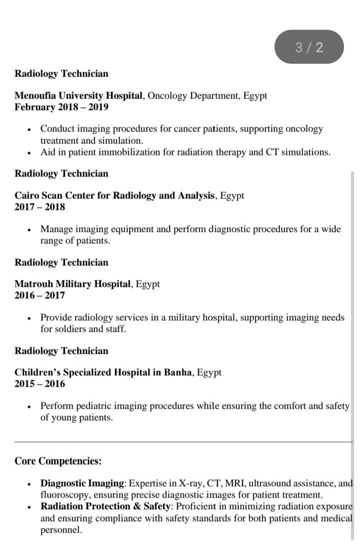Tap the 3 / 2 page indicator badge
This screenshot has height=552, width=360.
point(309,47)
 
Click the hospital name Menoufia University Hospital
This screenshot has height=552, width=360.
point(79,95)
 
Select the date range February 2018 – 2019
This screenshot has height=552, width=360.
point(61,107)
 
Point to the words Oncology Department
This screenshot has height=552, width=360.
point(193,95)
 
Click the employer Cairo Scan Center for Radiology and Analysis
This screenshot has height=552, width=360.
point(114,195)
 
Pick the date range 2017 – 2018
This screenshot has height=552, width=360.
point(39,207)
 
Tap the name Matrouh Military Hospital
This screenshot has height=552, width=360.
point(73,284)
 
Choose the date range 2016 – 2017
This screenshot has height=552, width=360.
point(39,295)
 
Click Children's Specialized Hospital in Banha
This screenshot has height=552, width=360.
point(103,372)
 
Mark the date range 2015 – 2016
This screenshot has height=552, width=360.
point(39,384)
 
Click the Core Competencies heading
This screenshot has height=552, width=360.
point(58,461)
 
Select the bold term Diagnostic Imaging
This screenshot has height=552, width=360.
point(82,483)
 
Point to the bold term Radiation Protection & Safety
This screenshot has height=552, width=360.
point(105,507)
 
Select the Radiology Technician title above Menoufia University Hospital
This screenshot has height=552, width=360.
point(61,73)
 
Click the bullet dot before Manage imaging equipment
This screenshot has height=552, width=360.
point(29,230)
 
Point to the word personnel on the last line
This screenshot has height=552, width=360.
point(60,530)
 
